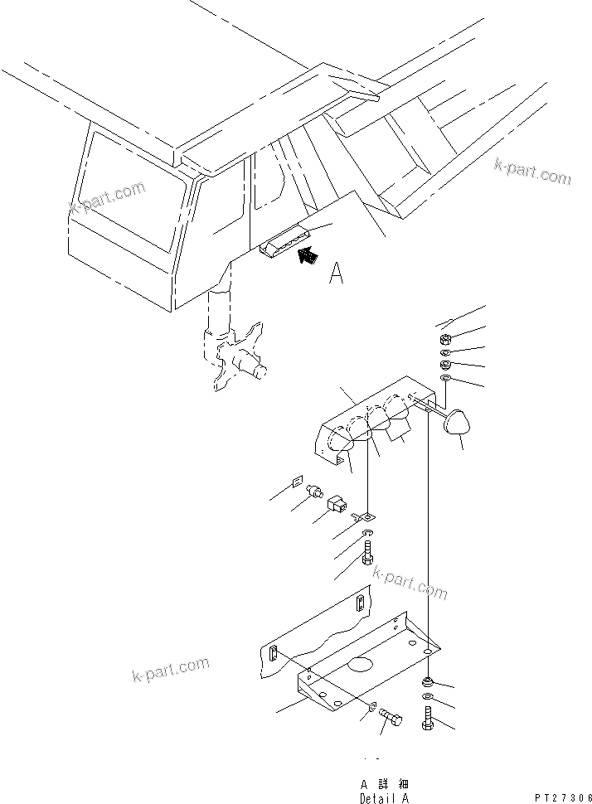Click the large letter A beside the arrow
336,273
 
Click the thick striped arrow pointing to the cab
308,255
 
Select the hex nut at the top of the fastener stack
443,339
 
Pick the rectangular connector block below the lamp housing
338,503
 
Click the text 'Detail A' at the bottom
384,798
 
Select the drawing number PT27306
562,797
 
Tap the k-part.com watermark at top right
532,172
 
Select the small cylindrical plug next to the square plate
316,492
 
